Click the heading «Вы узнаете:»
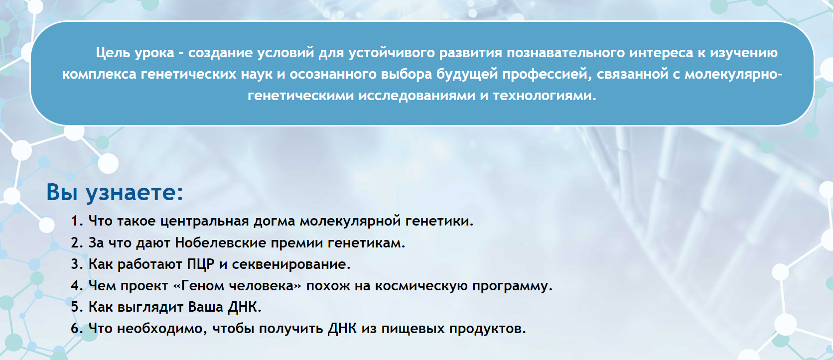115,192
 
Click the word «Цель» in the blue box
113,53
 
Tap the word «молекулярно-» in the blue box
733,74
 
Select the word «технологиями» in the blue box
545,96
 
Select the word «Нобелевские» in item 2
221,242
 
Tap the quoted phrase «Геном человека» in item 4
237,286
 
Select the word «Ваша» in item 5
206,307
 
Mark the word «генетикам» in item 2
366,243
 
